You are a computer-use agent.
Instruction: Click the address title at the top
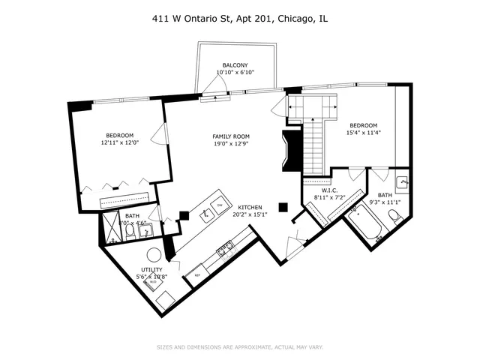pyautogui.click(x=239, y=18)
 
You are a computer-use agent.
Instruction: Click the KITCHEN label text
pyautogui.click(x=250, y=206)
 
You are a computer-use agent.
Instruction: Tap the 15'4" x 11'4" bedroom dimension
pyautogui.click(x=364, y=133)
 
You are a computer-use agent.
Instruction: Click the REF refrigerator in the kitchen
pyautogui.click(x=198, y=274)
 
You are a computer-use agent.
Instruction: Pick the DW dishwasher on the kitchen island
pyautogui.click(x=220, y=205)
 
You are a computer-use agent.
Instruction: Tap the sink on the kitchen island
pyautogui.click(x=205, y=215)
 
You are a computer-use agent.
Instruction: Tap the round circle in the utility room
pyautogui.click(x=153, y=254)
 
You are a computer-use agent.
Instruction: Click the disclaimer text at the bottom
pyautogui.click(x=239, y=346)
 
